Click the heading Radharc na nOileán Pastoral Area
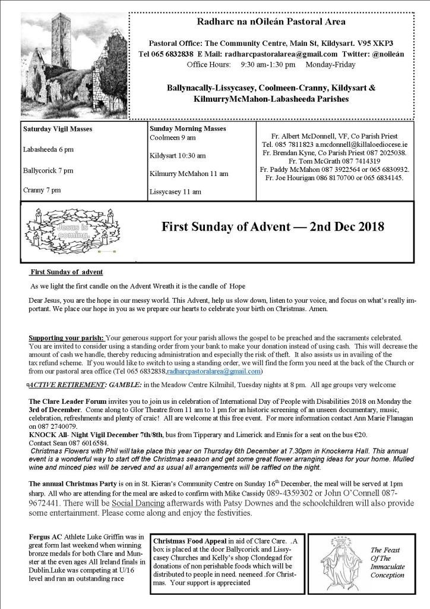coord(271,22)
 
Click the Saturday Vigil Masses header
coord(58,128)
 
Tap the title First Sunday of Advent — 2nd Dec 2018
coord(273,227)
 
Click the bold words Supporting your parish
coord(66,338)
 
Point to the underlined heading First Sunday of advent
coord(67,272)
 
